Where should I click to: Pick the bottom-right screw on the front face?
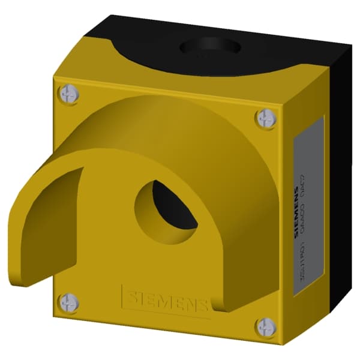265,327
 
